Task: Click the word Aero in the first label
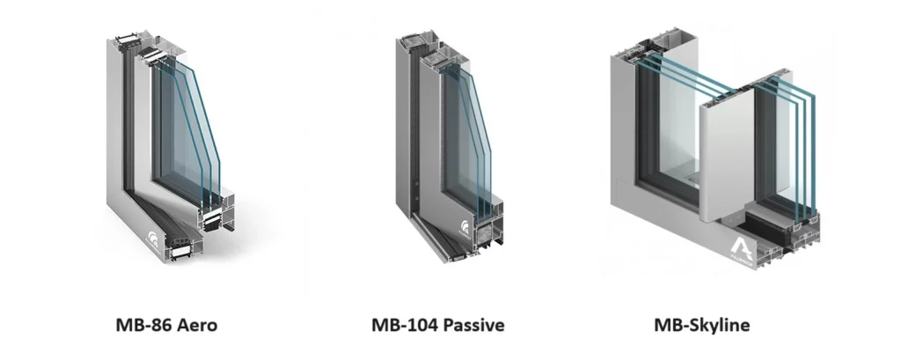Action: [x=197, y=325]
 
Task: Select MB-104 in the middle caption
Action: [x=400, y=325]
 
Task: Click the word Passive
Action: [x=470, y=325]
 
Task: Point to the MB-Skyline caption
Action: [x=701, y=325]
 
